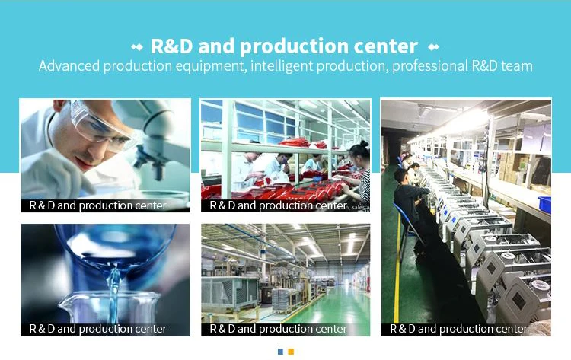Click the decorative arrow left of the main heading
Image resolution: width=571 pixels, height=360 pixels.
[x=137, y=47]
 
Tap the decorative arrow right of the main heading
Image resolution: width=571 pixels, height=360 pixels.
[x=433, y=47]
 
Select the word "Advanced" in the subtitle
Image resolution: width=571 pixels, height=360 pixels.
[x=69, y=66]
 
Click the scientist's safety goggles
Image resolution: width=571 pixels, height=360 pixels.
[x=97, y=125]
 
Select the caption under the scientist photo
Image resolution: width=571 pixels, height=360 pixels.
[x=97, y=205]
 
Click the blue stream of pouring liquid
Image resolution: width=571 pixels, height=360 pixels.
[x=113, y=292]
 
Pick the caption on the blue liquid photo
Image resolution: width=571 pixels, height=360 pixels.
[x=97, y=329]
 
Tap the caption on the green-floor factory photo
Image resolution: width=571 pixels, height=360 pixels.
[x=278, y=329]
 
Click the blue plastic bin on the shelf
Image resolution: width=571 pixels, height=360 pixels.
[x=545, y=204]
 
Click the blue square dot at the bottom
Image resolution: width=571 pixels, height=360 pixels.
[x=280, y=352]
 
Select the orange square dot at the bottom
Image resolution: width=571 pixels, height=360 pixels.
[x=291, y=352]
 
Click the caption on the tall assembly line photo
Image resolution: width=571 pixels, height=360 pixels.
[x=458, y=329]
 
